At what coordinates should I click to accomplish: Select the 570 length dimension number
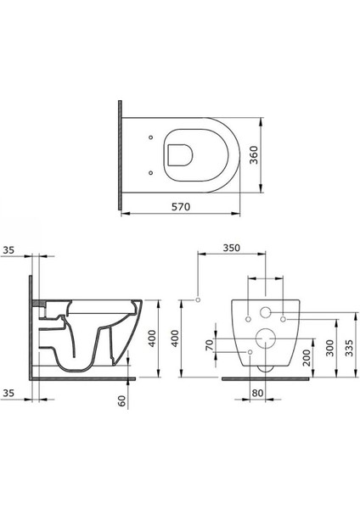[x=179, y=206]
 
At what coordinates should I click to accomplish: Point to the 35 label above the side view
[x=9, y=251]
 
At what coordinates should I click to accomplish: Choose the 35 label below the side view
[x=9, y=394]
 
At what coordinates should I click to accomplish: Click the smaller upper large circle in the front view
[x=266, y=311]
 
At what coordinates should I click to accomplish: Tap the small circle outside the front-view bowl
[x=198, y=299]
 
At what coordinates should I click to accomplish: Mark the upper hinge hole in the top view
[x=151, y=136]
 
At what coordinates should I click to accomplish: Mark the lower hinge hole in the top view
[x=151, y=172]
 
